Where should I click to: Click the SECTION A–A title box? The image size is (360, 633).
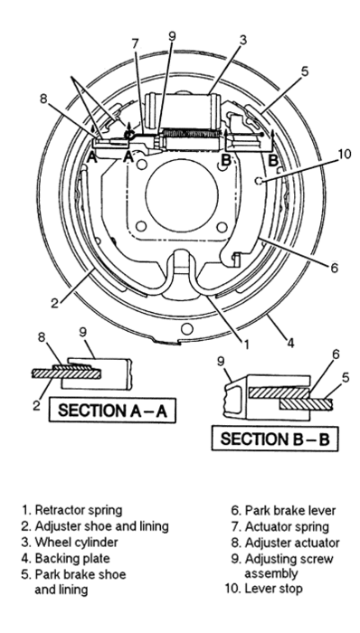[x=112, y=410]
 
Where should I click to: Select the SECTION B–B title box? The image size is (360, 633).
[x=275, y=439]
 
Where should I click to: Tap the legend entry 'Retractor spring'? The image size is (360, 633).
[x=71, y=510]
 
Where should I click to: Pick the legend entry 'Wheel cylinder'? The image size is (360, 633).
[x=70, y=543]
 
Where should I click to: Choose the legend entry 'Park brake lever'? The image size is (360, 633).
[x=283, y=511]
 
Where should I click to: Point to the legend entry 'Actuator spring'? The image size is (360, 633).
[x=279, y=527]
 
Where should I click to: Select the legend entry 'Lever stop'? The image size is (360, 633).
[x=263, y=588]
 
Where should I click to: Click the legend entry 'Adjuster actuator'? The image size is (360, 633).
[x=285, y=543]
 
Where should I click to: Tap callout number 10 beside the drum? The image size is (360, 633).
[x=345, y=155]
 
